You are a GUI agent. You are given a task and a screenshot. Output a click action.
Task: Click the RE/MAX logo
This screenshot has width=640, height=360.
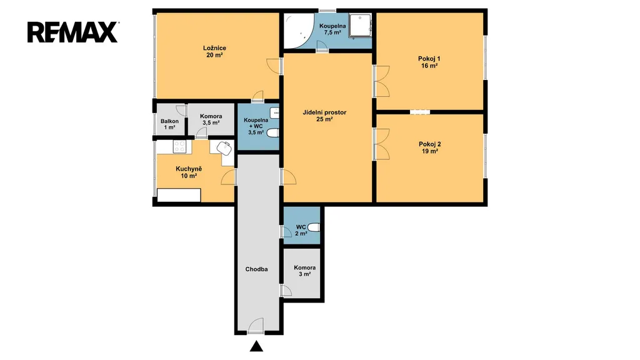pos(73,32)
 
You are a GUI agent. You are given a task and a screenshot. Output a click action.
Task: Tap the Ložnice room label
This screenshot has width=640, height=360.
pos(214,51)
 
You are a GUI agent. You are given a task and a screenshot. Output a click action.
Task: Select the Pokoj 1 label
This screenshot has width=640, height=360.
pos(429,62)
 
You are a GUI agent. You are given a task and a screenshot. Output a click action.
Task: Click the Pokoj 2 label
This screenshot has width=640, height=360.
pos(430,147)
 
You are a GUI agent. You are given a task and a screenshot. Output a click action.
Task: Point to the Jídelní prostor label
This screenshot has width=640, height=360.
pos(324,116)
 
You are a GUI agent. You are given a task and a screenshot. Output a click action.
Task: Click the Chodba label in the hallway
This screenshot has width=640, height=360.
pos(256,269)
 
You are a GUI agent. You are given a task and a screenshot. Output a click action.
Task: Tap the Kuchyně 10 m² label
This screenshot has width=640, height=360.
pos(189,172)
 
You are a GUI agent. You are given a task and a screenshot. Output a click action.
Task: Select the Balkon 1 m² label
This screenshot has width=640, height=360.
pos(169,124)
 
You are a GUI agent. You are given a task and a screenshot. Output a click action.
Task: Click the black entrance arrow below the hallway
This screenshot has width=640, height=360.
pos(256,346)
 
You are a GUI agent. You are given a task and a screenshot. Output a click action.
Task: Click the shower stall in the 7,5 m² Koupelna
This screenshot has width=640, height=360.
pos(361,26)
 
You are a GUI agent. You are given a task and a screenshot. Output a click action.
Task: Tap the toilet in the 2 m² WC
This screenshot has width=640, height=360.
pos(314,227)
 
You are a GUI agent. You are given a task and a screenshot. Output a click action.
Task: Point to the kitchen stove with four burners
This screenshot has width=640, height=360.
pos(179,146)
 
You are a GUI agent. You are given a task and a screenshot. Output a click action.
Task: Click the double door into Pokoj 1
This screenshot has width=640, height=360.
pos(381,81)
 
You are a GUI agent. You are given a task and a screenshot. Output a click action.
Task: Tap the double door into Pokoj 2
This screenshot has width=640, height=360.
pos(381,144)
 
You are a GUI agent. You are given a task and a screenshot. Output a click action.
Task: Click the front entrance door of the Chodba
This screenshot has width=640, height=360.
pos(256,326)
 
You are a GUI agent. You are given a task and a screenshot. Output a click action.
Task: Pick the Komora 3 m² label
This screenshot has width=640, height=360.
pos(304,271)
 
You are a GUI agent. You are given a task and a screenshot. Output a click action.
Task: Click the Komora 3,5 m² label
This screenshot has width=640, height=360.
pos(211,119)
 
